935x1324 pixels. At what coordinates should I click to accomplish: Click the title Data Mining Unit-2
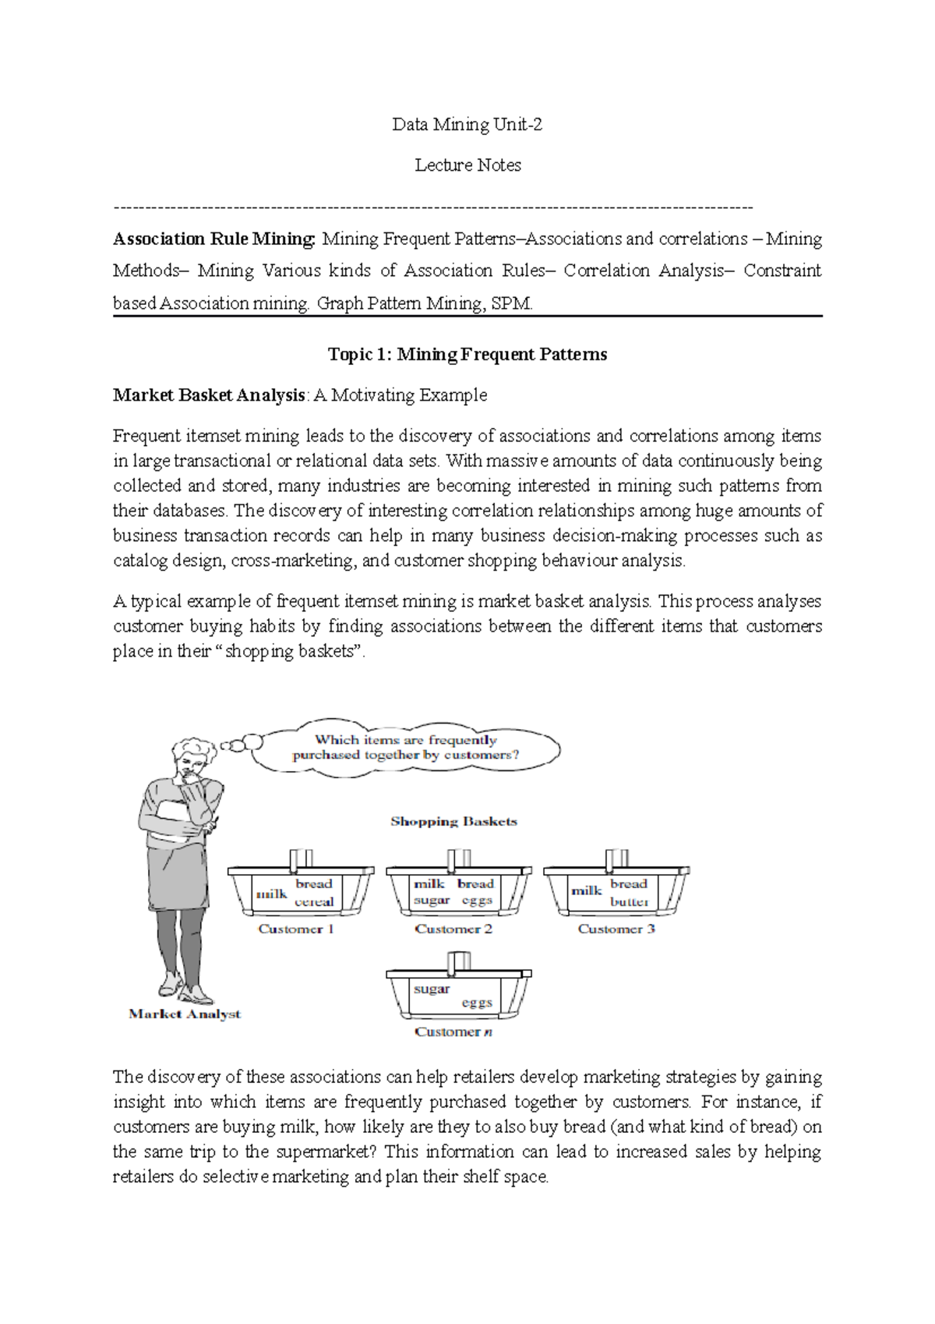pos(467,125)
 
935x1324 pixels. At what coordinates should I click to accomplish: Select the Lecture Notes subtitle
pos(467,165)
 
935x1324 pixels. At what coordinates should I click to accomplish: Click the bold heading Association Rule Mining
pos(214,239)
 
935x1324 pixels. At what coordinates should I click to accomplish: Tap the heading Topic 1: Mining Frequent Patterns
pos(467,355)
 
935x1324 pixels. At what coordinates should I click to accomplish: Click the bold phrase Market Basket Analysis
pos(208,395)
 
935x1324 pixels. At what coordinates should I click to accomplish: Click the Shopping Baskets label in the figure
pos(453,822)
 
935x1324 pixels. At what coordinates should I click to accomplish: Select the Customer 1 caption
pos(296,929)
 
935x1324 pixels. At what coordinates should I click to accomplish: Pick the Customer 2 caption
pos(453,929)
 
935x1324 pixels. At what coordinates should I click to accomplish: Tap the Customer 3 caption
pos(616,929)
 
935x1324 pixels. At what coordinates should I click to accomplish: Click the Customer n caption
pos(453,1032)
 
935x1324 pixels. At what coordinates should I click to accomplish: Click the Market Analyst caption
pos(185,1014)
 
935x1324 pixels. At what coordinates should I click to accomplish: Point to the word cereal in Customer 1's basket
pos(314,902)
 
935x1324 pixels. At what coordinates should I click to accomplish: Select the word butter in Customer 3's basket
pos(630,902)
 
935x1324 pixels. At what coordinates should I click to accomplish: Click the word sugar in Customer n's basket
pos(432,989)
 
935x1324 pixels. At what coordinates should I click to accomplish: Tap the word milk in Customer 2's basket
pos(429,884)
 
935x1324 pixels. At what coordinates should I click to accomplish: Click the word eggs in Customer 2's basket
pos(477,901)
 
